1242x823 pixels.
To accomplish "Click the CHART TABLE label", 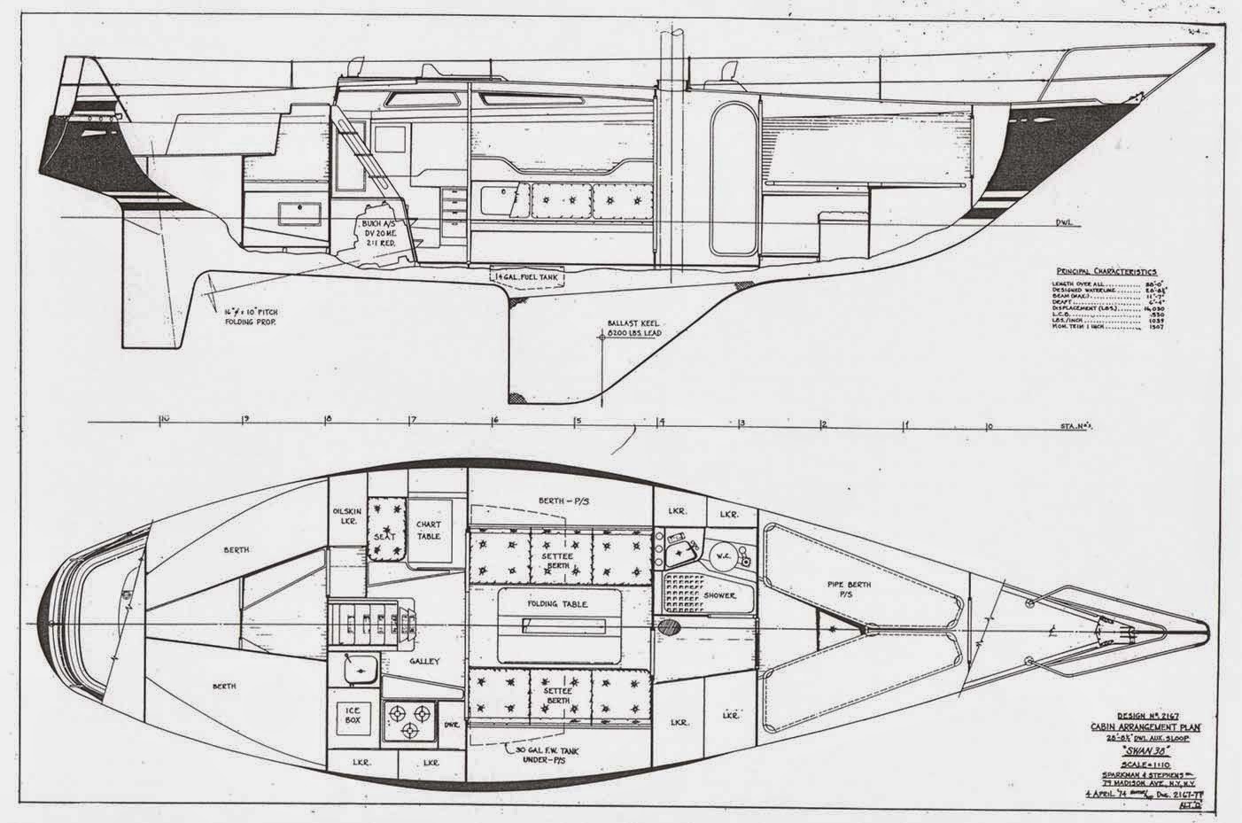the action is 428,531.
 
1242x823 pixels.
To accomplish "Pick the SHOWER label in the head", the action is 719,595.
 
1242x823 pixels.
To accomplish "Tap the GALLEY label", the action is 424,661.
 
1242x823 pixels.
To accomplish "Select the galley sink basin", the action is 361,670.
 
